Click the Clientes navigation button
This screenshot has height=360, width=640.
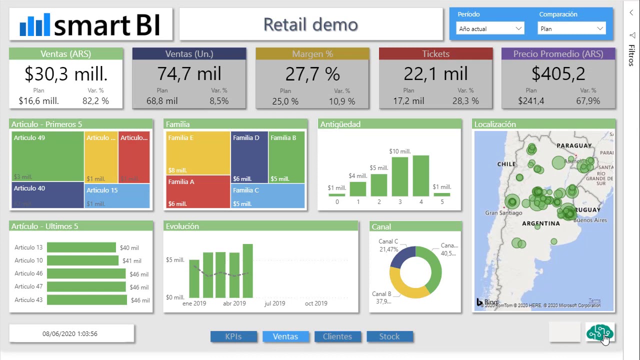[x=337, y=336]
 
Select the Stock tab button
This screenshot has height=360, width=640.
[x=389, y=336]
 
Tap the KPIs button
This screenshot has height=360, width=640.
[x=233, y=336]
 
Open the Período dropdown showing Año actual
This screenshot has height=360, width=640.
[x=490, y=28]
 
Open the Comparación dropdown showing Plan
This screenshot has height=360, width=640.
[x=571, y=28]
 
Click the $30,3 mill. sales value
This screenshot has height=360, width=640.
[x=66, y=74]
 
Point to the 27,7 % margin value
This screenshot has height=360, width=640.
[x=312, y=74]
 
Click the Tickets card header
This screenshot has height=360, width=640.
[x=435, y=54]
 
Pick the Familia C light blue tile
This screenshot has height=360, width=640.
[x=267, y=195]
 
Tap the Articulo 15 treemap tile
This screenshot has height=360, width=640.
[x=117, y=195]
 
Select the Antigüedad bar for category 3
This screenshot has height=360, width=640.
[x=399, y=176]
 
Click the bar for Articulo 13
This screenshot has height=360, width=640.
[x=81, y=247]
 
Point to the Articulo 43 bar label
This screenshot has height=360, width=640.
[x=28, y=300]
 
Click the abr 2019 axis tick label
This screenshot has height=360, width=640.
[x=234, y=303]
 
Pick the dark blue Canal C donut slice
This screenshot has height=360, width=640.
[x=401, y=257]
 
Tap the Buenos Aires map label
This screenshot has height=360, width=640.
[x=590, y=220]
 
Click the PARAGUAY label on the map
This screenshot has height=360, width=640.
[x=574, y=145]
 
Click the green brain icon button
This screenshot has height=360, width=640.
[x=599, y=332]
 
